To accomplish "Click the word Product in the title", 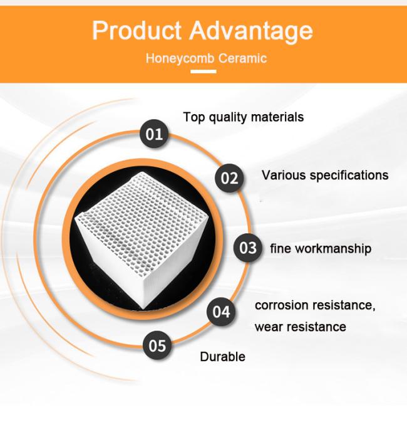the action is (137, 30).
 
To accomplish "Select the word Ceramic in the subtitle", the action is (243, 58).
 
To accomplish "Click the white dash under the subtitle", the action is (203, 71).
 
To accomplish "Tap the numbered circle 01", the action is (153, 134).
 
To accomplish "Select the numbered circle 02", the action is (229, 178).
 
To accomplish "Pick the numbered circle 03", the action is (248, 248).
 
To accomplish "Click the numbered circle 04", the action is (221, 312).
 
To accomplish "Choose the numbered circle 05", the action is (157, 345).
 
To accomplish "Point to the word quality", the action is (227, 118).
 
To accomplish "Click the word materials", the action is (277, 117).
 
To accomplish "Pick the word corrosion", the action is (282, 305).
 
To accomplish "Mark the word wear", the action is (269, 327).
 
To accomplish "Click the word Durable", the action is (223, 357).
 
